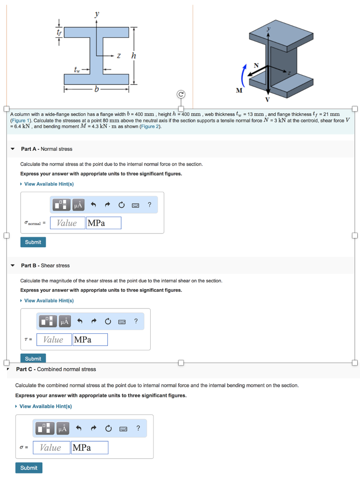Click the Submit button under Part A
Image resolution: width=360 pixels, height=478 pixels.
(33, 242)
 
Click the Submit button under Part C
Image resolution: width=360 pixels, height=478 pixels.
(29, 468)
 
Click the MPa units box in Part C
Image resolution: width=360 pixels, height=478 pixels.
(90, 448)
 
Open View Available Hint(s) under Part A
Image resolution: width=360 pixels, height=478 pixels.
(49, 184)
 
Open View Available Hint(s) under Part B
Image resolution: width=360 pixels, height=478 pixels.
(49, 301)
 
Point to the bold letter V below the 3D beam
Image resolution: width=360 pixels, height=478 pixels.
(268, 99)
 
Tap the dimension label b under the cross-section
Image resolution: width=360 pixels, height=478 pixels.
(97, 89)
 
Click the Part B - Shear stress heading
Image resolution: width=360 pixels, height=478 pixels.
(45, 266)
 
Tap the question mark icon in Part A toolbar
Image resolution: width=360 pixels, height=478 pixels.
(149, 204)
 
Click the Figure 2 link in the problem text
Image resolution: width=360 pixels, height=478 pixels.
(150, 127)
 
